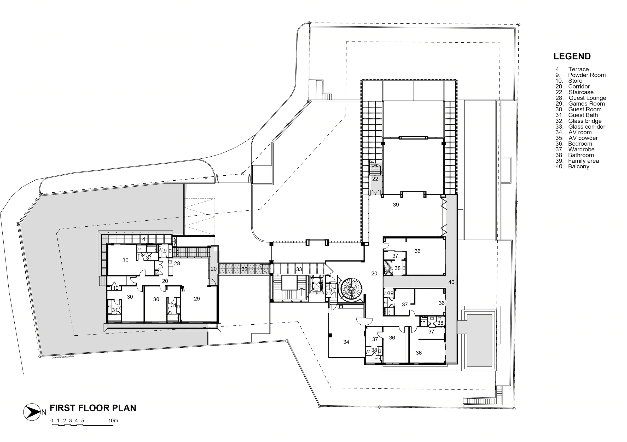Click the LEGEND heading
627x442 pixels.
coord(572,56)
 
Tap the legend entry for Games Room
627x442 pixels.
coord(580,104)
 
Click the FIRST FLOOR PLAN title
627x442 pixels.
coord(93,408)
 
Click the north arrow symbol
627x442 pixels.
coord(32,412)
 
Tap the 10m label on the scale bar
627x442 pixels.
coord(113,421)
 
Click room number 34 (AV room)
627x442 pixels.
coord(346,342)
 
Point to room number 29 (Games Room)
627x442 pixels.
coord(197,299)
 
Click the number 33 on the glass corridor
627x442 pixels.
coord(299,269)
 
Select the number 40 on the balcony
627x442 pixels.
coord(451,282)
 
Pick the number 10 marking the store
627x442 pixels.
coord(115,288)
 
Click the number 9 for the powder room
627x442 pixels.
coord(165,251)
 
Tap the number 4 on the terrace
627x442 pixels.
coord(144,239)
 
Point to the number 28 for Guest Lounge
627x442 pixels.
coord(177,263)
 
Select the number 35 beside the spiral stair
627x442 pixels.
coord(332,291)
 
